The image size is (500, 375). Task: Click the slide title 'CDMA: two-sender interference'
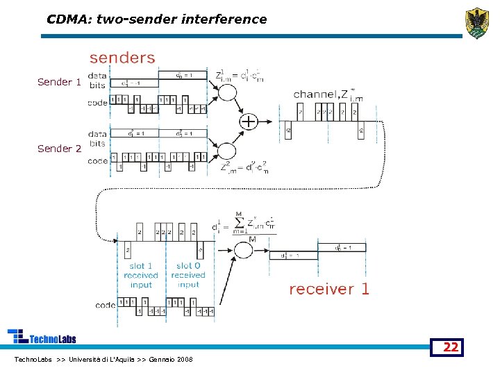point(156,19)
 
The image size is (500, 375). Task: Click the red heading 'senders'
point(122,58)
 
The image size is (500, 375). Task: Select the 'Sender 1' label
point(59,82)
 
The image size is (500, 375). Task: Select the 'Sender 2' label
point(59,148)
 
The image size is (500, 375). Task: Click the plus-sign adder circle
point(248,122)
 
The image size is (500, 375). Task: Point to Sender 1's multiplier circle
point(227,92)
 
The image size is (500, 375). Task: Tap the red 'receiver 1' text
point(329,289)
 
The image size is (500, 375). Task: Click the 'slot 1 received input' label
point(141,275)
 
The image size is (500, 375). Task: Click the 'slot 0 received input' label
point(188,275)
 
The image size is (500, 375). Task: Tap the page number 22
point(451,347)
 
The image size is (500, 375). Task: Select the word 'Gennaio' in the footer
point(161,359)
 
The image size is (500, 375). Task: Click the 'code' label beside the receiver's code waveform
point(105,304)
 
